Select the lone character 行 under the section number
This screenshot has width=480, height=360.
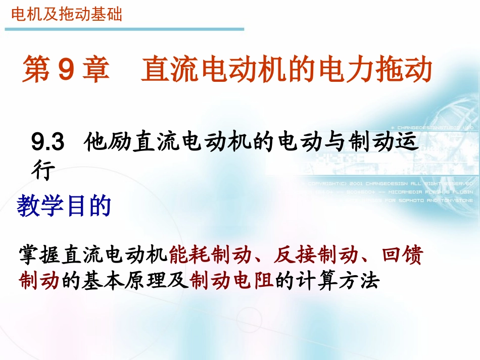tap(42, 172)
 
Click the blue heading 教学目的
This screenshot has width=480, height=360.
tap(64, 207)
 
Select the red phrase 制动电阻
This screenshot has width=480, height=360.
tap(232, 280)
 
